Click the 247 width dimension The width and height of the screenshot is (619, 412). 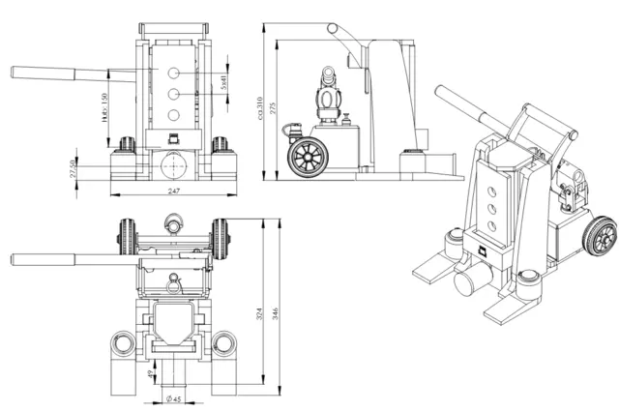click(174, 191)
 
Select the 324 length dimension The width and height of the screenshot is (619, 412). click(258, 317)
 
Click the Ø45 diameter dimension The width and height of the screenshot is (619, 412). click(174, 398)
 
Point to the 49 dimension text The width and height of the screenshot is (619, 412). click(148, 375)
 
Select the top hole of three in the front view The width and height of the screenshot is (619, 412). click(172, 74)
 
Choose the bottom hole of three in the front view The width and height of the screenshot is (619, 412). click(172, 114)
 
